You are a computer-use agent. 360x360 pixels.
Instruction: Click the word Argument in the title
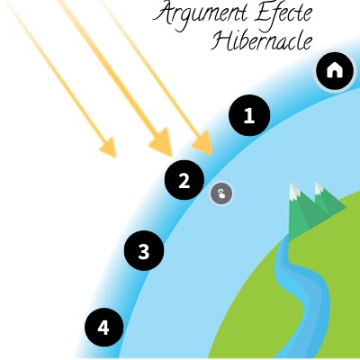[x=200, y=15]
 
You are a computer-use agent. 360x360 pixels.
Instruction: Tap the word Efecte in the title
[x=283, y=13]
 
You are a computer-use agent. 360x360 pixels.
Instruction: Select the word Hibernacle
[x=262, y=41]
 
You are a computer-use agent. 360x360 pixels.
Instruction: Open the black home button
[x=335, y=71]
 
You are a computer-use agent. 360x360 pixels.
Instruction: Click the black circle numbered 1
[x=249, y=115]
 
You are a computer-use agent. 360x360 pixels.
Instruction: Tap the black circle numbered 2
[x=184, y=180]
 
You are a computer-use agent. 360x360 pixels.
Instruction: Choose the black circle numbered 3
[x=144, y=251]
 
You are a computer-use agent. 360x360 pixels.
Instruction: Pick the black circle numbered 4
[x=103, y=328]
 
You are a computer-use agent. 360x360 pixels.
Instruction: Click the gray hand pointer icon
[x=221, y=193]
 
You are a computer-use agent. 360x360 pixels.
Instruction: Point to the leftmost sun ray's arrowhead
[x=109, y=148]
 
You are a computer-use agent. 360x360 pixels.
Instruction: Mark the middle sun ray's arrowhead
[x=162, y=142]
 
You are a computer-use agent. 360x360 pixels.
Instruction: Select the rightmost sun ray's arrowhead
[x=203, y=143]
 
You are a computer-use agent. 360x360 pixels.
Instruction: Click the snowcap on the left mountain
[x=294, y=191]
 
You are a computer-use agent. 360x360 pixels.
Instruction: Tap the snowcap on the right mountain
[x=319, y=187]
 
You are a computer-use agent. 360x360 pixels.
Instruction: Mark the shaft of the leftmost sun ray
[x=57, y=69]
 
